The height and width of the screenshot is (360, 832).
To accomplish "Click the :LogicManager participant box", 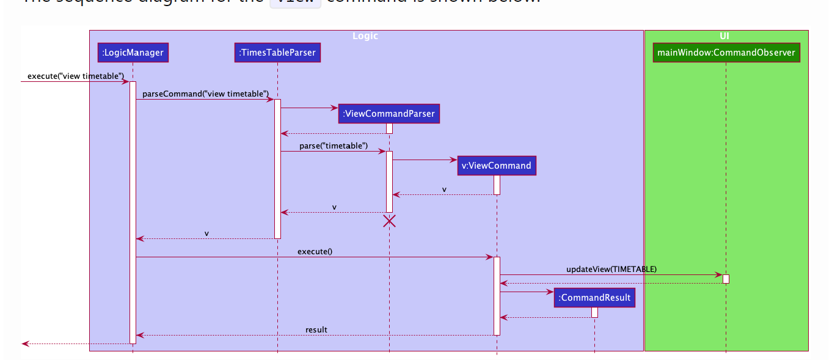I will pyautogui.click(x=133, y=53).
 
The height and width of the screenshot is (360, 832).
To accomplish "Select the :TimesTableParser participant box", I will pyautogui.click(x=277, y=53).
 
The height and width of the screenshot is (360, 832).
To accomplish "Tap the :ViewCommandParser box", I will pyautogui.click(x=389, y=114).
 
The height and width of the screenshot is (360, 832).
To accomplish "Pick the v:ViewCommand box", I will pyautogui.click(x=496, y=165).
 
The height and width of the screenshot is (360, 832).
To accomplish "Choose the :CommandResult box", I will pyautogui.click(x=594, y=298).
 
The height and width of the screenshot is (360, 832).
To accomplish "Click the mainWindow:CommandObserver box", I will pyautogui.click(x=726, y=53).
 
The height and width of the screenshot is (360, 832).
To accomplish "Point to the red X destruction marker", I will pyautogui.click(x=389, y=221).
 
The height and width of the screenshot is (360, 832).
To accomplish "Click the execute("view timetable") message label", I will pyautogui.click(x=76, y=76).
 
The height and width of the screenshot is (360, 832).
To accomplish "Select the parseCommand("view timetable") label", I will pyautogui.click(x=206, y=94).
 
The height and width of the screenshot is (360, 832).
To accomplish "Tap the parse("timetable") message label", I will pyautogui.click(x=334, y=145).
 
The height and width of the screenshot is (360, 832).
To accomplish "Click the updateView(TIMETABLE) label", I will pyautogui.click(x=611, y=269).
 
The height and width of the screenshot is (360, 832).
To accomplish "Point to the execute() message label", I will pyautogui.click(x=315, y=251).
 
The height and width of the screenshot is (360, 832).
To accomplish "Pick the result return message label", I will pyautogui.click(x=316, y=329).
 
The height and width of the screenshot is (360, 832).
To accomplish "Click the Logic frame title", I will pyautogui.click(x=365, y=36).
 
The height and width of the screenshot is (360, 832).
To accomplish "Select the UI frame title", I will pyautogui.click(x=725, y=36).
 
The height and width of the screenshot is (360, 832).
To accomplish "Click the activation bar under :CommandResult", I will pyautogui.click(x=594, y=312).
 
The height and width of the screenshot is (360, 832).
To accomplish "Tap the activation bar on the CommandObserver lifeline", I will pyautogui.click(x=726, y=279).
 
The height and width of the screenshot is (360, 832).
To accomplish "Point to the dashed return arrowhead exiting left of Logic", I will pyautogui.click(x=25, y=343).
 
